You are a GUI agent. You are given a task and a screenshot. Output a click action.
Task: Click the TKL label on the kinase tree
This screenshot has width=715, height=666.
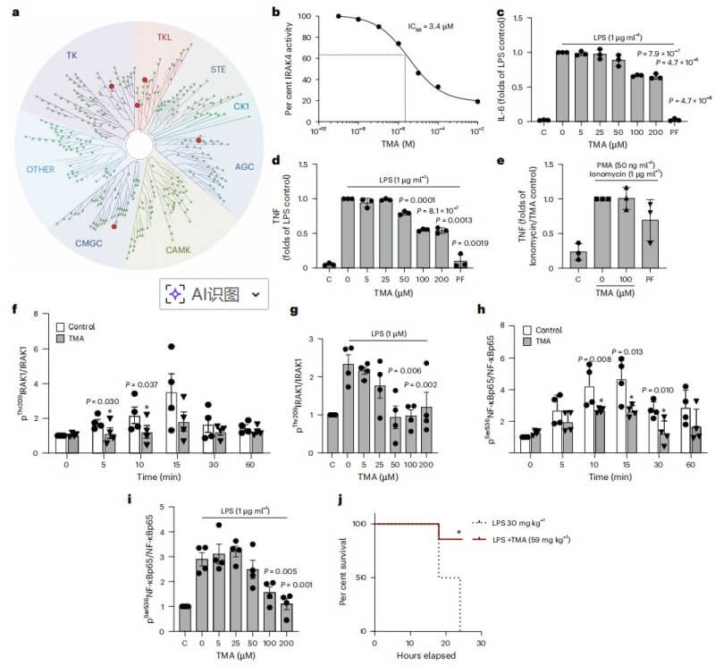164,38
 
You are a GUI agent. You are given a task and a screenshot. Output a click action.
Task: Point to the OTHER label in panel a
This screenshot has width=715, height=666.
46,167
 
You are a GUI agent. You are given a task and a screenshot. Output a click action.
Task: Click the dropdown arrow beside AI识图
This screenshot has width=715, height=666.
257,294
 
